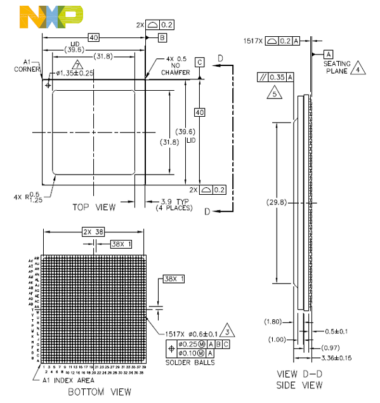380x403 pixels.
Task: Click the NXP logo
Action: pyautogui.click(x=51, y=17)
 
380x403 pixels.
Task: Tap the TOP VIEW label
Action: pyautogui.click(x=94, y=207)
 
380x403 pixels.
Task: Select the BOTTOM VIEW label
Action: pyautogui.click(x=100, y=392)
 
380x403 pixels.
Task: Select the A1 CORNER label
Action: pyautogui.click(x=30, y=65)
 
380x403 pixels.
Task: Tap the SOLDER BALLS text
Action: pyautogui.click(x=190, y=362)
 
